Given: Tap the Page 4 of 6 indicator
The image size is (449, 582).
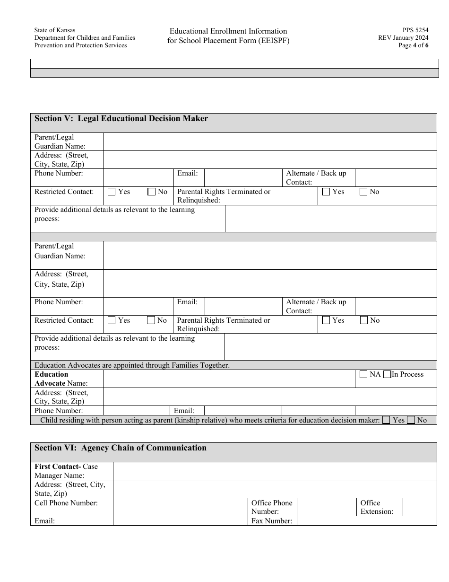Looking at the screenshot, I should tap(414, 45).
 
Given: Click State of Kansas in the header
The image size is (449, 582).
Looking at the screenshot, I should tap(54, 30).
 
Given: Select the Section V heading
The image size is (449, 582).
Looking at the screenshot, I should tap(121, 119).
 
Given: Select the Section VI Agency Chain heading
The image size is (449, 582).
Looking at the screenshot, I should tap(121, 448).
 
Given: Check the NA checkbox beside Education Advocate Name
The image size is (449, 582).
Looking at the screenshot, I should tap(363, 375).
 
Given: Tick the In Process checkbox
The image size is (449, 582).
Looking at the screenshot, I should tap(387, 375).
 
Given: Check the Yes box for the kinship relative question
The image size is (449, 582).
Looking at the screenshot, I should tap(386, 420).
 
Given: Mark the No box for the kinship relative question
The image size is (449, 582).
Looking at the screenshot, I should tap(411, 420).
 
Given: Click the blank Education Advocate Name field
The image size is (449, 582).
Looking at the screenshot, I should tap(229, 379).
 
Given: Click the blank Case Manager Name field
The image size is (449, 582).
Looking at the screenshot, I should tap(275, 471).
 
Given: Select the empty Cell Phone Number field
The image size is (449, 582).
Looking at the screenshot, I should tap(180, 507).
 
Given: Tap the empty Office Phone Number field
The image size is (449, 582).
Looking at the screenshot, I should tap(326, 507).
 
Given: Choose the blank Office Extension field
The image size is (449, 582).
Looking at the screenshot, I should tap(419, 507).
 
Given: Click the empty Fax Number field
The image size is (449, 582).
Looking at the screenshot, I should tap(366, 521).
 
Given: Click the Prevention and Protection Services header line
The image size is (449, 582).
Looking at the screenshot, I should tap(80, 45).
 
